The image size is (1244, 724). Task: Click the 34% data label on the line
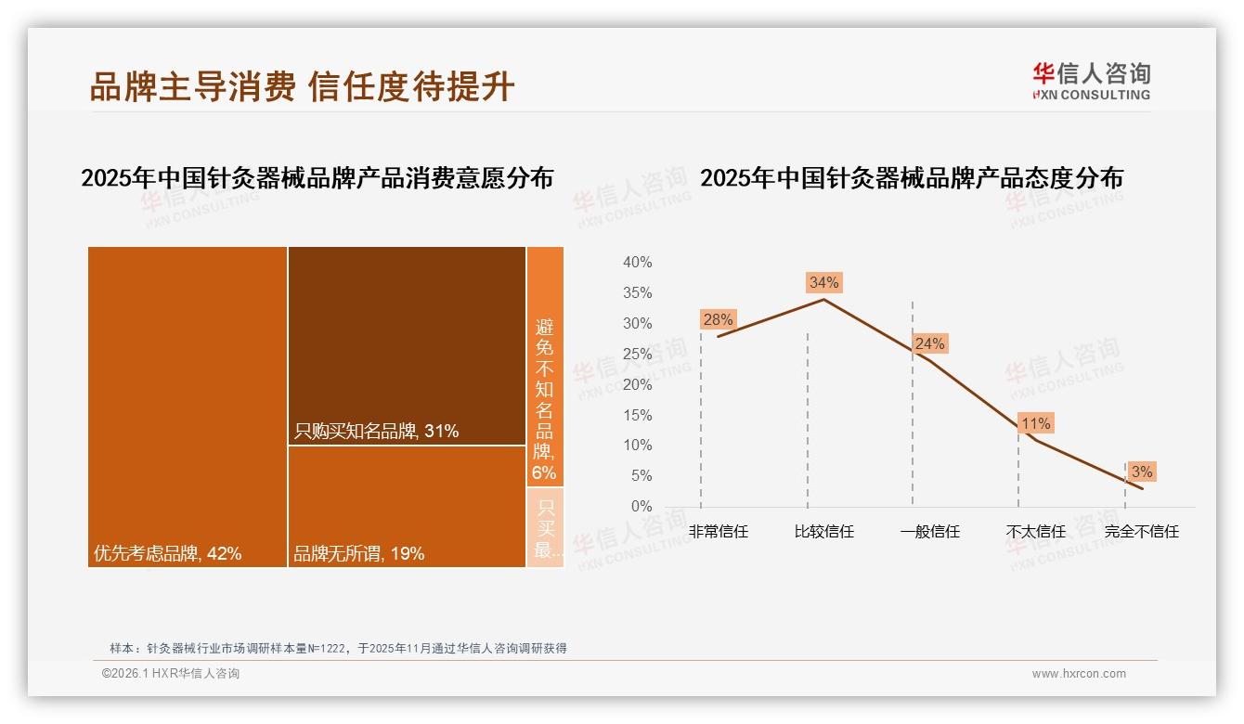[823, 282]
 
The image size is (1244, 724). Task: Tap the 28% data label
[718, 319]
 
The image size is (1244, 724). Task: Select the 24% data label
[929, 343]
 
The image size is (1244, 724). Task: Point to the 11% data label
[1035, 423]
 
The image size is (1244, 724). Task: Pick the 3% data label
[1141, 472]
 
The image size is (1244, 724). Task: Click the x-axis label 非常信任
[718, 532]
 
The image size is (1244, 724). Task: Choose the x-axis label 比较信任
[823, 532]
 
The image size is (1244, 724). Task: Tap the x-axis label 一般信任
[929, 532]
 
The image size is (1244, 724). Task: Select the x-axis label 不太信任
[1035, 532]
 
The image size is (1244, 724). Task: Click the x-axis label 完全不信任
[1141, 532]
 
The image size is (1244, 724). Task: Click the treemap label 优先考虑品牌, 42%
[167, 553]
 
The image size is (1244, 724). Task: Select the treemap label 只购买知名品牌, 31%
[376, 431]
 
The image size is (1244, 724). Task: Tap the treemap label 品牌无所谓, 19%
[358, 553]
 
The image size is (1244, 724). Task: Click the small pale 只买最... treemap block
[545, 527]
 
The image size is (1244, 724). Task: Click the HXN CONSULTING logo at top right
[1091, 82]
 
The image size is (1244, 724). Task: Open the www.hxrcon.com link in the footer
[1079, 674]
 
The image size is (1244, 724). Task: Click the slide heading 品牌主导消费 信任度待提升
[302, 86]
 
